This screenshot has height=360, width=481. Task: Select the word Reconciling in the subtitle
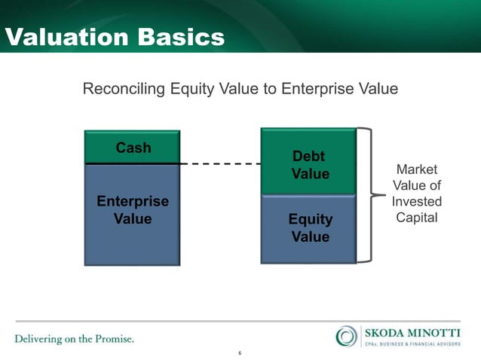coord(124,90)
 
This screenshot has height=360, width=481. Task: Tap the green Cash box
coord(133,148)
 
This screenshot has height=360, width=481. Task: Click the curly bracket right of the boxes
coord(366,195)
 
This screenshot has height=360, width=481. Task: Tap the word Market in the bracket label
coord(416,169)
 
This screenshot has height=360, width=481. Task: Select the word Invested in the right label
coord(416,202)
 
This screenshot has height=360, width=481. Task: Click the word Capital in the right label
coord(416,218)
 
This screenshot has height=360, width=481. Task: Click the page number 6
coord(240,353)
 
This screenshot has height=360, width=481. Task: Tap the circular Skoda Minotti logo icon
coord(347,336)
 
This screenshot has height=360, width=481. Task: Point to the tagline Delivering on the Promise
coord(74,339)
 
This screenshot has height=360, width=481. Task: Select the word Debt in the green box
coord(308,157)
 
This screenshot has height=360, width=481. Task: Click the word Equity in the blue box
coord(309,220)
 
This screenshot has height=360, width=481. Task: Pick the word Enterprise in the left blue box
coord(133,202)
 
